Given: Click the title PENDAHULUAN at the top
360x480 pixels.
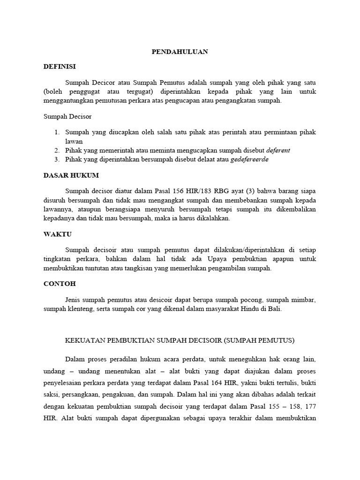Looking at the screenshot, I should pyautogui.click(x=180, y=52).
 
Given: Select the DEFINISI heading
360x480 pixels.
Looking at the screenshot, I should pyautogui.click(x=59, y=67).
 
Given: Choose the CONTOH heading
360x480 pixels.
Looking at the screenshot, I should pyautogui.click(x=60, y=284).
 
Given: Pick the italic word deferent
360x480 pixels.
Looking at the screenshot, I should pyautogui.click(x=278, y=150).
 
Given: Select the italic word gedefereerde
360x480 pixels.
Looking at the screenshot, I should pyautogui.click(x=250, y=159).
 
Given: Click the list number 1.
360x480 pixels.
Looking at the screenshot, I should pyautogui.click(x=56, y=133).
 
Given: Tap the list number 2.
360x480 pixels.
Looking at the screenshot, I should pyautogui.click(x=56, y=150).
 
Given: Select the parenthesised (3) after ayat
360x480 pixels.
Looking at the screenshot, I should pyautogui.click(x=234, y=191).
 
